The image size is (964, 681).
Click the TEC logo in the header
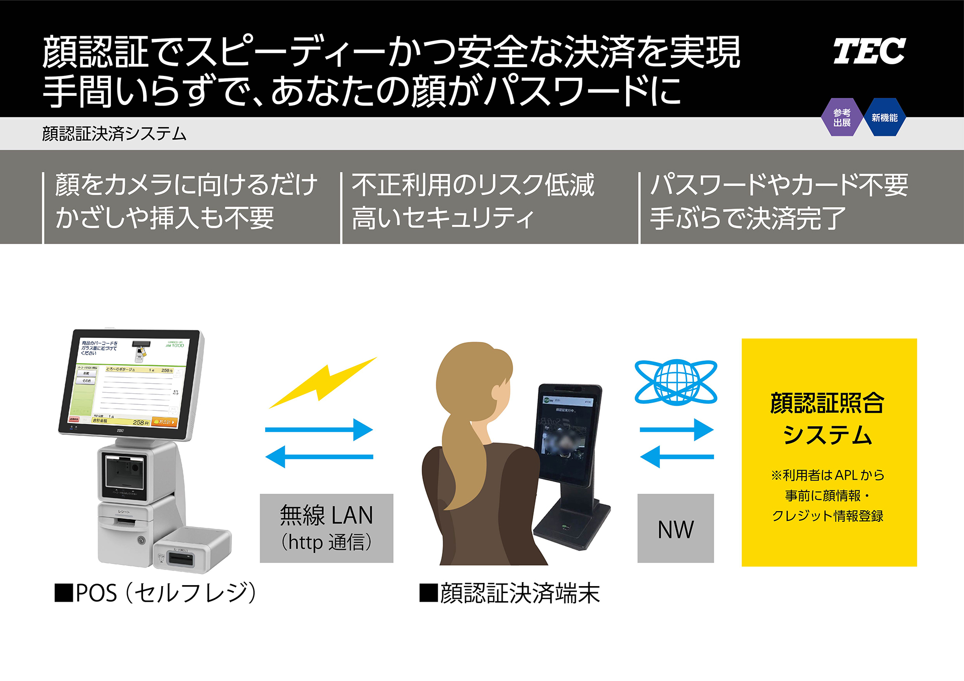869,51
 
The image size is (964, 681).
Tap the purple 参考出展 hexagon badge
842,118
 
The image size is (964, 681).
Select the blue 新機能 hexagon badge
884,118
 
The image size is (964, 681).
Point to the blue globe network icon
676,382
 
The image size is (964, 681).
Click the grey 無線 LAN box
326,528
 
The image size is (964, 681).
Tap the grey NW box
675,528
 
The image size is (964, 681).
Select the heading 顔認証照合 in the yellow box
827,403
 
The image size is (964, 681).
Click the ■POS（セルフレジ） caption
156,593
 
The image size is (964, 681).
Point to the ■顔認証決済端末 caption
510,593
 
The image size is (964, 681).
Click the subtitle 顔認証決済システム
114,134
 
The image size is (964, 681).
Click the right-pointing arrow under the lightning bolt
319,430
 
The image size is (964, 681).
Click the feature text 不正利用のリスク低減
473,185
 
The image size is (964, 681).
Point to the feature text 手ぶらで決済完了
748,218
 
